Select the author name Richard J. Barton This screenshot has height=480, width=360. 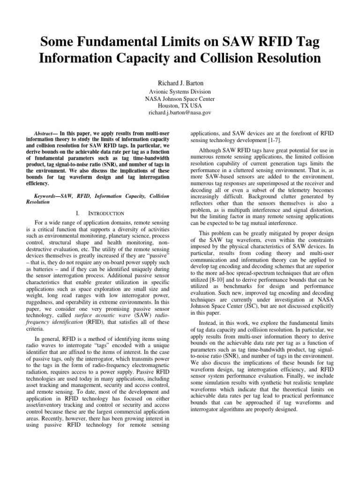click(180, 81)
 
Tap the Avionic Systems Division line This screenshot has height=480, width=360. click(180, 92)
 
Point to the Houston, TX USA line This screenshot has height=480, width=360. click(180, 106)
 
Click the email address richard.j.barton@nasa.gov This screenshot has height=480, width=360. click(180, 113)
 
